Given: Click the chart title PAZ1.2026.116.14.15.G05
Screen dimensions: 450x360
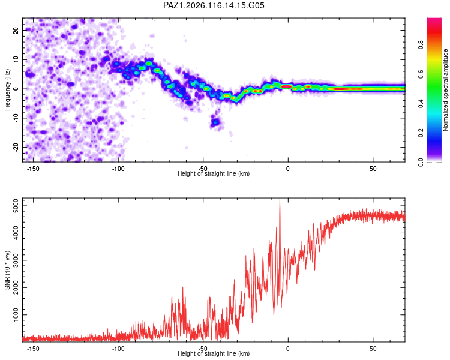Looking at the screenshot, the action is [x=214, y=5].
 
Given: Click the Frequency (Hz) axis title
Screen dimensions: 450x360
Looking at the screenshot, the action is [x=7, y=90].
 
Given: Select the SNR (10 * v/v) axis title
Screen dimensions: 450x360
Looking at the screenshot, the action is [x=7, y=270].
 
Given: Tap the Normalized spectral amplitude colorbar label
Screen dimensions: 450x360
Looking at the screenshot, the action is [x=445, y=90].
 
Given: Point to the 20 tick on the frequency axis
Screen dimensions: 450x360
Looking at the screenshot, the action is [x=16, y=30].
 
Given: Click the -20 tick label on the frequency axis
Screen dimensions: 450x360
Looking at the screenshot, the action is [x=16, y=147].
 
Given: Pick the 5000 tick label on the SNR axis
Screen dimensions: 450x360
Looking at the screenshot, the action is [x=16, y=206].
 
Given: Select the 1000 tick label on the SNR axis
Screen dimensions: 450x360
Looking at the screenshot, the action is [x=16, y=315].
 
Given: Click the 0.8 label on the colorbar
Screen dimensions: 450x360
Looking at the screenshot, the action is [x=421, y=45].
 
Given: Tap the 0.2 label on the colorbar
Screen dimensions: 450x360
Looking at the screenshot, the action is [x=421, y=133].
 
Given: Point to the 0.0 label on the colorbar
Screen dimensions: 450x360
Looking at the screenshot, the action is [x=421, y=162].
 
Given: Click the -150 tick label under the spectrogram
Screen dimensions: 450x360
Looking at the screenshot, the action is [x=33, y=169].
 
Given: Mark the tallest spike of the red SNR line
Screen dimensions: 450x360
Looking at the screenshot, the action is [x=280, y=199].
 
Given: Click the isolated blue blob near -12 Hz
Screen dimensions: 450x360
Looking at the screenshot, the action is [x=215, y=122].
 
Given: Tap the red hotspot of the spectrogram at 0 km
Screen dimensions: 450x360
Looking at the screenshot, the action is [x=287, y=86].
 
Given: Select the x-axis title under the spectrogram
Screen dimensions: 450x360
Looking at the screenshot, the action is [x=214, y=173].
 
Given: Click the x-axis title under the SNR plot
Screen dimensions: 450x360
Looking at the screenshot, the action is [x=214, y=353].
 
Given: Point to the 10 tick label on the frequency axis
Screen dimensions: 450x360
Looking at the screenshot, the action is [x=16, y=59].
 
